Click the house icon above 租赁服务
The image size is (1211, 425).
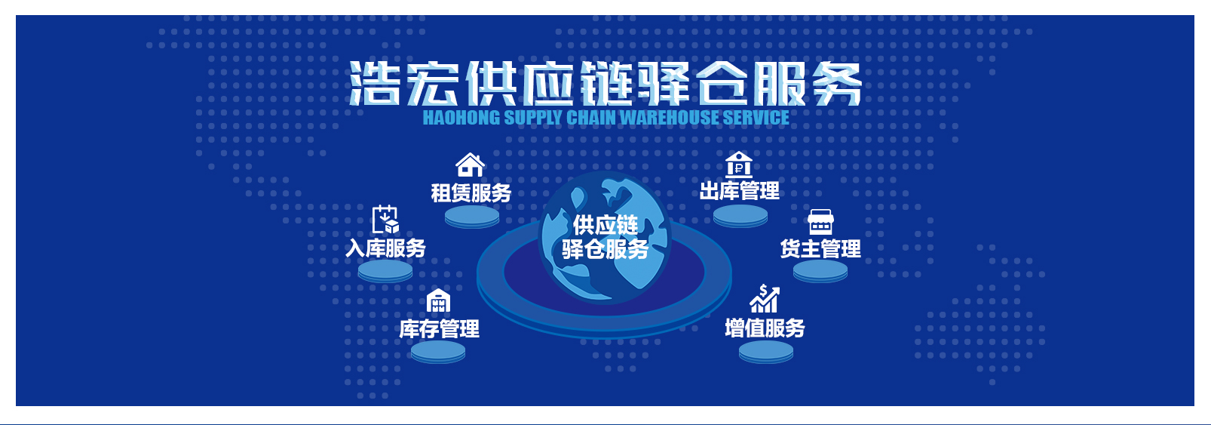click(x=470, y=165)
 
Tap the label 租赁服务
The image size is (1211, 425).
click(x=471, y=192)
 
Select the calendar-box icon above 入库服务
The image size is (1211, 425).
click(x=385, y=219)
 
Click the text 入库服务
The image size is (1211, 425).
click(x=385, y=248)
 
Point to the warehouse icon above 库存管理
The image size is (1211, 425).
click(x=438, y=300)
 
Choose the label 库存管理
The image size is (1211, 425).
click(x=439, y=328)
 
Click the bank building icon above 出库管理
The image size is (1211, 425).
click(x=738, y=164)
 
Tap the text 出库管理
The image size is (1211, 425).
click(x=740, y=190)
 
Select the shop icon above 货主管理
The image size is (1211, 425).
click(x=820, y=221)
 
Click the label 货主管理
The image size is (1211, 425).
click(x=820, y=248)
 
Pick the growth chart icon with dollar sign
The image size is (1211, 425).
click(x=765, y=298)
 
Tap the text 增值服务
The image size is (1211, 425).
click(x=765, y=328)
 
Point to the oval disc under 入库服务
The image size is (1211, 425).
click(x=385, y=271)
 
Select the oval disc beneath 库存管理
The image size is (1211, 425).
click(x=438, y=352)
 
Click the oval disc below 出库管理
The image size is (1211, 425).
click(x=740, y=216)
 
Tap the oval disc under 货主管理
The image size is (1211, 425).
click(x=820, y=271)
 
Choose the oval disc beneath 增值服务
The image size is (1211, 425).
click(x=766, y=352)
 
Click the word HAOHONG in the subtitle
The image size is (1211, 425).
click(x=461, y=118)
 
